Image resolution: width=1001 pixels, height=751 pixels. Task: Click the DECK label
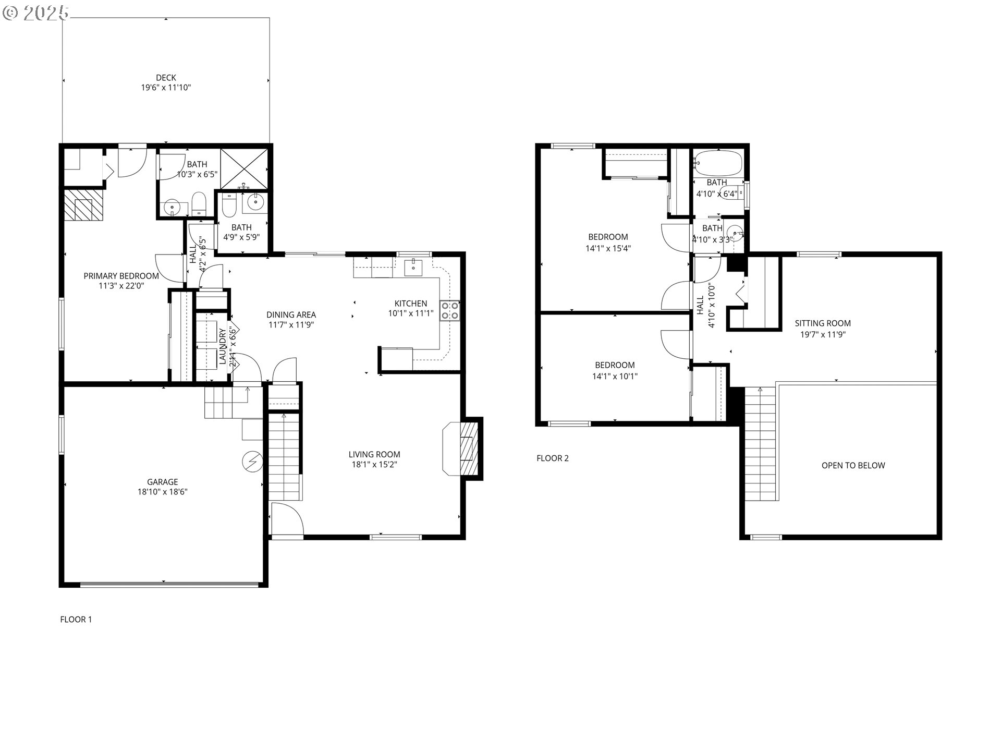pyautogui.click(x=166, y=78)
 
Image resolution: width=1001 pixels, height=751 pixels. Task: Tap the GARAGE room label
pyautogui.click(x=162, y=482)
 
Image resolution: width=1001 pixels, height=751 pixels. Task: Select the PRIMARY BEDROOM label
pyautogui.click(x=121, y=276)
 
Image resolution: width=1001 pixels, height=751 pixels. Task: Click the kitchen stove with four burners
pyautogui.click(x=449, y=310)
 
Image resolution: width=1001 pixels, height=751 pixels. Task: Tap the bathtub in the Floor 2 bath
pyautogui.click(x=717, y=163)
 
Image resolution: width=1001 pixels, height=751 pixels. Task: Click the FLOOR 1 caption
pyautogui.click(x=76, y=620)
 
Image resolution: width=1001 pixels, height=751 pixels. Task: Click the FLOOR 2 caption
pyautogui.click(x=553, y=458)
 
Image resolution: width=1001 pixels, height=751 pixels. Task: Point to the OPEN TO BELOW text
pyautogui.click(x=853, y=466)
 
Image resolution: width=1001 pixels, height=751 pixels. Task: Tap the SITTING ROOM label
pyautogui.click(x=823, y=323)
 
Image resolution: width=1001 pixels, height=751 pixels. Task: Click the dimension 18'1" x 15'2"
pyautogui.click(x=374, y=465)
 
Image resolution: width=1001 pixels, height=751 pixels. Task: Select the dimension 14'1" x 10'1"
pyautogui.click(x=615, y=376)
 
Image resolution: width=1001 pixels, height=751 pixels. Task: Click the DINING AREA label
pyautogui.click(x=291, y=314)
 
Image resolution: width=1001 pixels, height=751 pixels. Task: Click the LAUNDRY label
pyautogui.click(x=223, y=346)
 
